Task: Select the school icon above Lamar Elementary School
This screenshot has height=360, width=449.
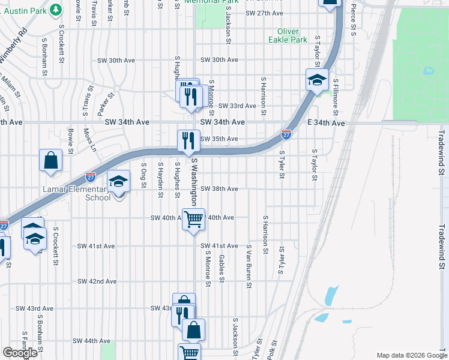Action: pos(119,181)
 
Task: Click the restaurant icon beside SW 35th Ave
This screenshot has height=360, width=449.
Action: pos(188,141)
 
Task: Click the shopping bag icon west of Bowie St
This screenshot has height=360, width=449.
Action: pos(51,160)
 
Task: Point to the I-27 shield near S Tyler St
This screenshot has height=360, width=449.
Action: pos(286,135)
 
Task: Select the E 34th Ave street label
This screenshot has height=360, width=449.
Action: pos(326,123)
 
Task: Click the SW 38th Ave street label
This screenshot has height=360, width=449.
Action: pos(219,188)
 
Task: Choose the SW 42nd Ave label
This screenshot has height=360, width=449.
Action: pos(97,281)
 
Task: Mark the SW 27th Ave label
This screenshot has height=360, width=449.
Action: pos(264,13)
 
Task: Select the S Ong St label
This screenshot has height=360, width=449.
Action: pos(143,175)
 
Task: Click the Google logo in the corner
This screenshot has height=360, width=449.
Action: pos(20,353)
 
